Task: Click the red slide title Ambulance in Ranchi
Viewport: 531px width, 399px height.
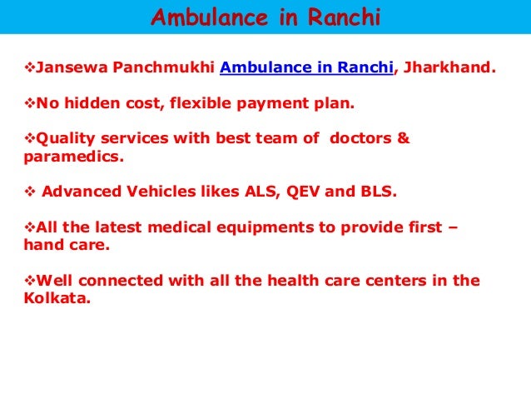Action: coord(265,17)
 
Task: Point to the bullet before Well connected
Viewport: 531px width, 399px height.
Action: coord(22,280)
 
